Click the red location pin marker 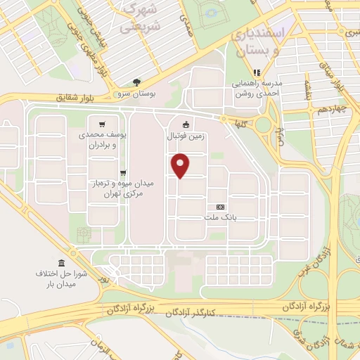coord(181,165)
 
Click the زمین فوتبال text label coord(186,136)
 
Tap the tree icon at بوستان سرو coord(136,82)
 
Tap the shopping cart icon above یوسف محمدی coord(103,120)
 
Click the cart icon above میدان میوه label coord(123,172)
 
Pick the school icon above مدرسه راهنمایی coord(257,72)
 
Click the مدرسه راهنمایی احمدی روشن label coord(257,87)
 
